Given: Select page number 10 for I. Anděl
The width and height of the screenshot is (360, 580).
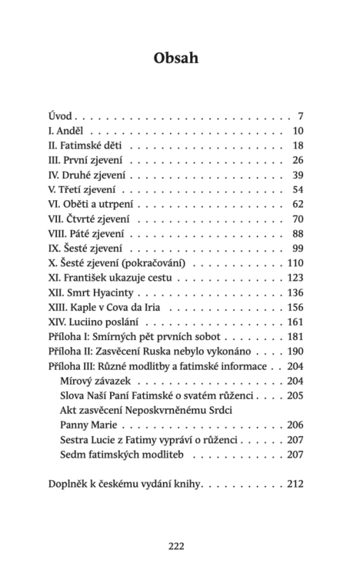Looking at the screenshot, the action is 297,131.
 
